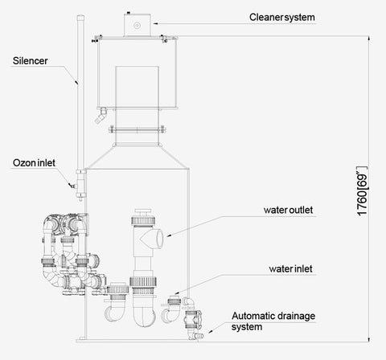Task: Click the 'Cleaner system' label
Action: (282, 18)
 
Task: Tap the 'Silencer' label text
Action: (30, 61)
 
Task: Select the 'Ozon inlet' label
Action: (34, 163)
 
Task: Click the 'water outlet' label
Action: (288, 210)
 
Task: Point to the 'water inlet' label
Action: (291, 269)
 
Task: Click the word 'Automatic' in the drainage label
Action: (253, 316)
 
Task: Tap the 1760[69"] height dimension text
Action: (363, 191)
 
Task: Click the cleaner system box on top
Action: (137, 25)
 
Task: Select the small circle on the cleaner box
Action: (137, 26)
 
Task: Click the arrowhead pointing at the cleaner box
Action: (155, 23)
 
